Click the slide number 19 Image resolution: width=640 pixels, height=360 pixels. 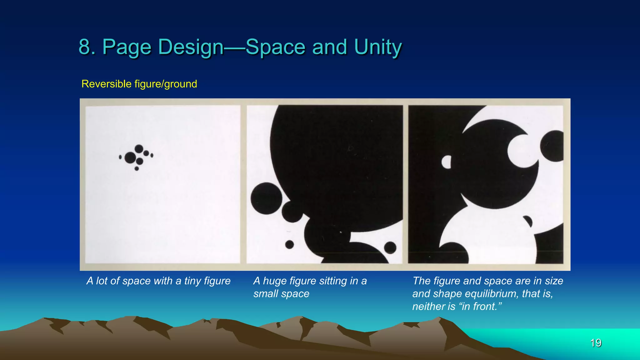coord(596,343)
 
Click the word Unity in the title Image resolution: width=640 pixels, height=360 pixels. coord(378,47)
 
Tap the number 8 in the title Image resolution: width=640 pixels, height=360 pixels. coord(85,47)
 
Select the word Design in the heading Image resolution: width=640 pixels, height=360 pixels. coord(191,47)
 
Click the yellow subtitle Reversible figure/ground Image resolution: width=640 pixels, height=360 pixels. coord(139,84)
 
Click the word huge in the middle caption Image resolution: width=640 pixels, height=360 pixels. coord(275,281)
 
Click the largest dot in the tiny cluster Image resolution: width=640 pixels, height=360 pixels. coord(130,157)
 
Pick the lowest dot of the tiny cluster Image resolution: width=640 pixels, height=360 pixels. coord(137,169)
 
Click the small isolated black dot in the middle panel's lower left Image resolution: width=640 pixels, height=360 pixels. coord(289,244)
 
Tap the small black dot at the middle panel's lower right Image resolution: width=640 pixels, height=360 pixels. coord(390,247)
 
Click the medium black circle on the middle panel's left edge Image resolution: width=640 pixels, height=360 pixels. coord(266,198)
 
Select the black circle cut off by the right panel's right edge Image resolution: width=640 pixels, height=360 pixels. coord(553,146)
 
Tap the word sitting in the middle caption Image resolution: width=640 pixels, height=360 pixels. coord(332,281)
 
